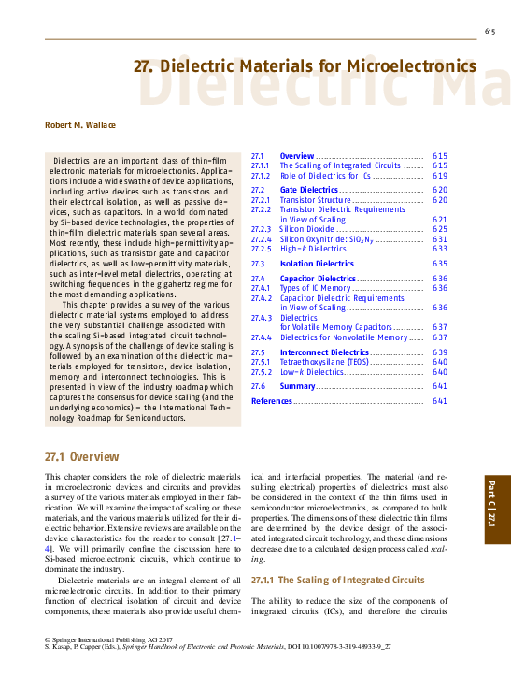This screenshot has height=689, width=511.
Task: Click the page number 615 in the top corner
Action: point(489,33)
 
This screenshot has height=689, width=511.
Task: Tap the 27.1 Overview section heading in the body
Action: point(82,457)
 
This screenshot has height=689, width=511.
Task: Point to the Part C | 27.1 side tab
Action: point(493,510)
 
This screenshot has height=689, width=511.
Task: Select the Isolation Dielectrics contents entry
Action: point(317,264)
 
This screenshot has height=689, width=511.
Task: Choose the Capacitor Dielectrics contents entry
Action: point(318,279)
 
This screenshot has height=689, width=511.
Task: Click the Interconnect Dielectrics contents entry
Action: point(324,352)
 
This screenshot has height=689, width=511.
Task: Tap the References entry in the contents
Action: point(272,401)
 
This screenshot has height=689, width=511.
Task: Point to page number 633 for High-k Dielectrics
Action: point(440,249)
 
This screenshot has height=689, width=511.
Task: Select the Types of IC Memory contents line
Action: point(315,288)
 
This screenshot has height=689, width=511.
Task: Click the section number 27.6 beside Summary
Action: point(260,386)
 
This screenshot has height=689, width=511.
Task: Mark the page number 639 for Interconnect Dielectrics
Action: point(440,352)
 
